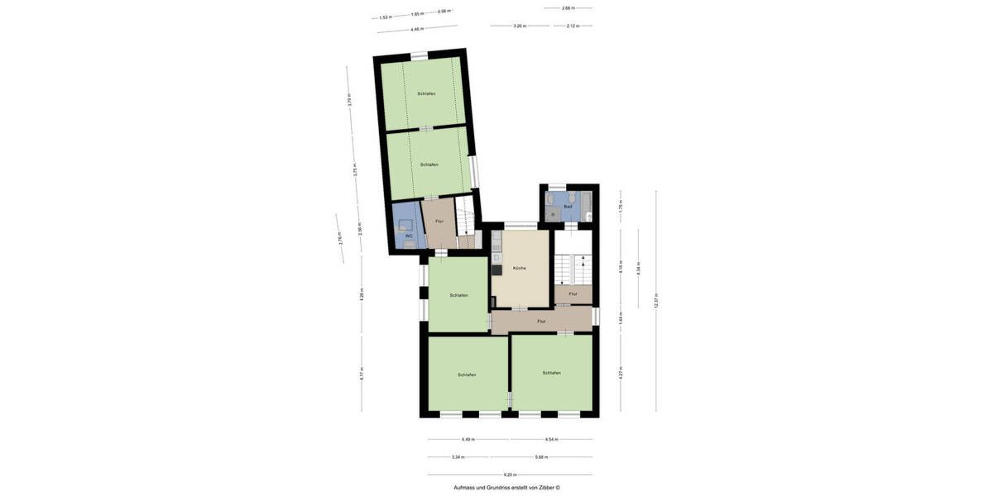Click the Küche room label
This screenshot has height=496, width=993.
[519, 268]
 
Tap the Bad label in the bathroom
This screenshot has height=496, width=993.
[568, 206]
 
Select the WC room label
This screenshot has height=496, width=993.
[408, 236]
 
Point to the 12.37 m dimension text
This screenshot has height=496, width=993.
[655, 302]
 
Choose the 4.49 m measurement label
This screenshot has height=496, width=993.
[467, 440]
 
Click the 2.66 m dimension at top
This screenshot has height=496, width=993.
[568, 8]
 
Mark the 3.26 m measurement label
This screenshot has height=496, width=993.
[519, 26]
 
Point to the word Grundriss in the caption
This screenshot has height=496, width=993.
[499, 488]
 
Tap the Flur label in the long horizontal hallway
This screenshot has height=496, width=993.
[541, 321]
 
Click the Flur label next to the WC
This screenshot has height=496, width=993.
[439, 222]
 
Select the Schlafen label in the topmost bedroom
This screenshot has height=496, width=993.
[426, 94]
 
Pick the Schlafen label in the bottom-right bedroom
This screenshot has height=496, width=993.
[551, 373]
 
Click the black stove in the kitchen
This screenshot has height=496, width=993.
[497, 269]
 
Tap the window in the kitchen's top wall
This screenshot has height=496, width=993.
[520, 225]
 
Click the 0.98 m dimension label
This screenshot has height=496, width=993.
[444, 12]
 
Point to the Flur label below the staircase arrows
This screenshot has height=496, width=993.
[573, 293]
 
